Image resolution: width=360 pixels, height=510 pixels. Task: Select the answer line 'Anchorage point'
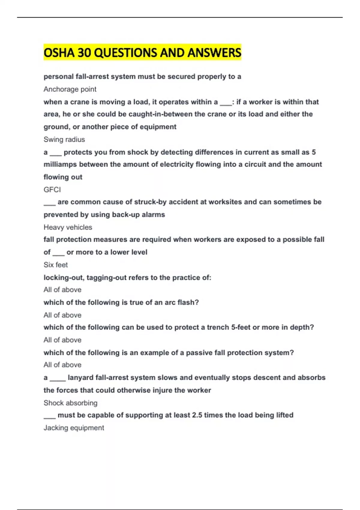click(70, 89)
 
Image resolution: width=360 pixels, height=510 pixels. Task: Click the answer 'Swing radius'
click(64, 139)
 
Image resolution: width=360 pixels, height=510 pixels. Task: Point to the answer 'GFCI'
click(52, 190)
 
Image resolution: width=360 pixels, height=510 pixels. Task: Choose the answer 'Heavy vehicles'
click(68, 227)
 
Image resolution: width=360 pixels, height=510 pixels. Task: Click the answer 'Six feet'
click(56, 265)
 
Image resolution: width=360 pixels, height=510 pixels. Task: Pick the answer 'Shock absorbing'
click(70, 403)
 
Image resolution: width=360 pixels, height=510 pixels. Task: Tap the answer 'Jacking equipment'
click(74, 427)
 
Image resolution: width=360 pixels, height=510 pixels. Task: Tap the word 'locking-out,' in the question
click(64, 277)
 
